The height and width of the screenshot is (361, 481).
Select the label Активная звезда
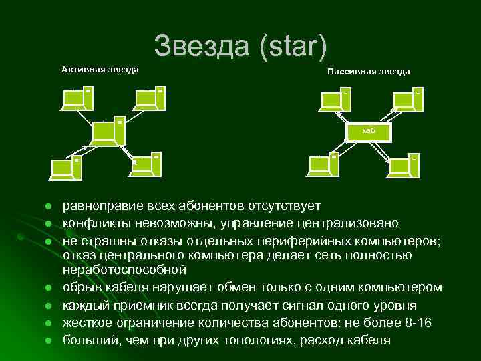100,69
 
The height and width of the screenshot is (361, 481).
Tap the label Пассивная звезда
368,72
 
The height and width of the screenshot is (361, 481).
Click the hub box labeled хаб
369,131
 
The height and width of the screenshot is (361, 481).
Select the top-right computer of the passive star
408,99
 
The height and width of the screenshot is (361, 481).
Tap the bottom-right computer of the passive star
405,167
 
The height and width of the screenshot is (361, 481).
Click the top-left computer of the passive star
335,99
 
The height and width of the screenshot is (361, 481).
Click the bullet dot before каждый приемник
48,306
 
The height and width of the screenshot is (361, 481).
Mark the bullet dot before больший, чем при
48,340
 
